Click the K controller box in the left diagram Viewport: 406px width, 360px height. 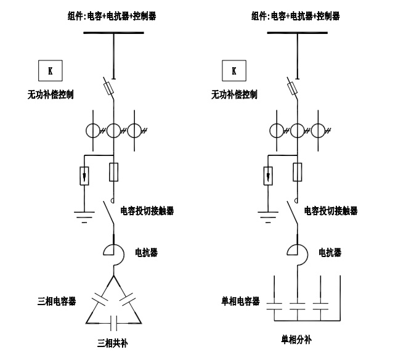click(51, 70)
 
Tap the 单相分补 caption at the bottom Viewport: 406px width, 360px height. click(298, 340)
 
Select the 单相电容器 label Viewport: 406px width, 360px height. click(240, 301)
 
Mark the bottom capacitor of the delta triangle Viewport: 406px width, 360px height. click(113, 321)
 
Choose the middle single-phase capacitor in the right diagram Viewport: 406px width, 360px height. click(298, 306)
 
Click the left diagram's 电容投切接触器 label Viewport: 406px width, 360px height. click(148, 211)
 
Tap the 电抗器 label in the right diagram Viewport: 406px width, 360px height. click(330, 253)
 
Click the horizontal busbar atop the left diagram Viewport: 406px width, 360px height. click(114, 33)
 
